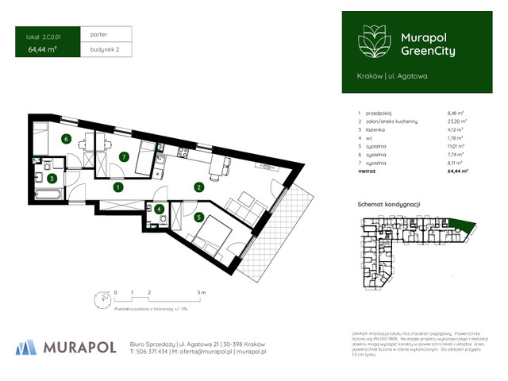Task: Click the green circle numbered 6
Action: [67, 139]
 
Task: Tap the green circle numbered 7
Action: [123, 156]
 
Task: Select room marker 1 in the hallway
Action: [117, 187]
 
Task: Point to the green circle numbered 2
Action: [198, 187]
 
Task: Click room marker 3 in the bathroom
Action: [52, 179]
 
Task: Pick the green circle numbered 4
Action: [160, 210]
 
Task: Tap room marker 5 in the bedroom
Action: [198, 215]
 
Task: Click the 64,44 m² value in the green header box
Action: [41, 49]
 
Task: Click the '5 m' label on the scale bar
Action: [202, 293]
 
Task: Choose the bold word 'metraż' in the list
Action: [368, 171]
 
